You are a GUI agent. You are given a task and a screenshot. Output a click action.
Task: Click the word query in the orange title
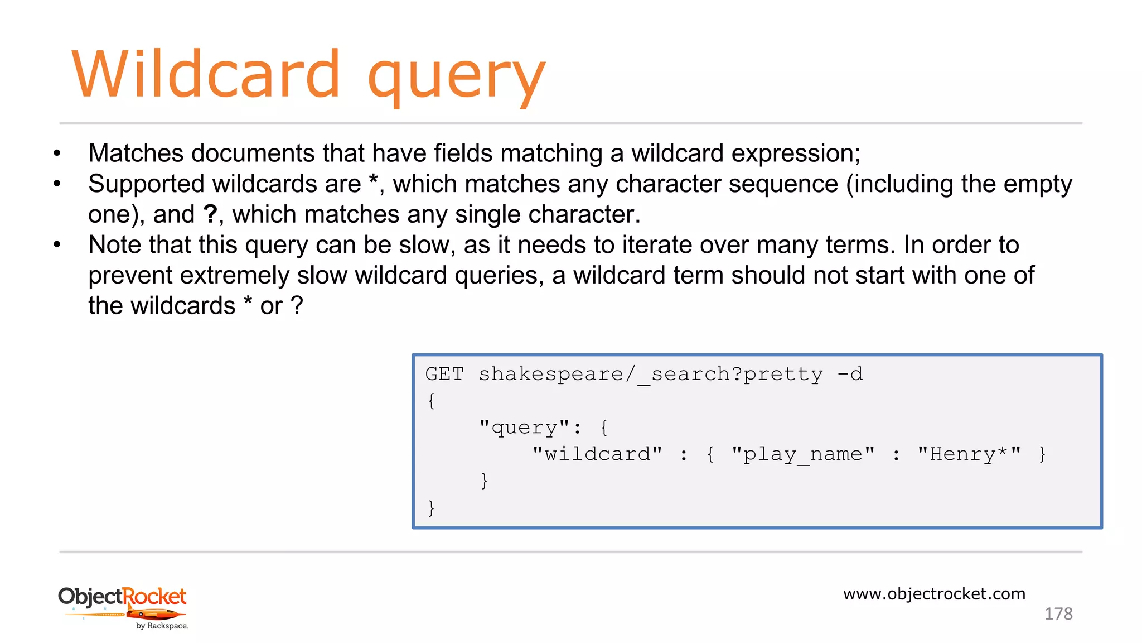point(456,78)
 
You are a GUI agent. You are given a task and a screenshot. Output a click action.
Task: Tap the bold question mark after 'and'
point(210,214)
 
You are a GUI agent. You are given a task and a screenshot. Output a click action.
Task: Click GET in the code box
point(444,374)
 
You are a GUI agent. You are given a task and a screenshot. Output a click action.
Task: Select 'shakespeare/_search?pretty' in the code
point(650,374)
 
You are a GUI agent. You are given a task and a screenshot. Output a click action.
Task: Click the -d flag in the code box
point(850,374)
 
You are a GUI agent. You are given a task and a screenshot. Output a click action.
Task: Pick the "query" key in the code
point(524,428)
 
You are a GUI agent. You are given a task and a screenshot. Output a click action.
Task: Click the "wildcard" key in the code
point(597,454)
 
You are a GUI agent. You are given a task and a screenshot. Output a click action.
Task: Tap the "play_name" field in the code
point(803,454)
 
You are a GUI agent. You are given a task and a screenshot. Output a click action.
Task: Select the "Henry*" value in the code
point(969,454)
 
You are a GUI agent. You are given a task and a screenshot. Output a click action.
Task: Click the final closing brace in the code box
point(431,507)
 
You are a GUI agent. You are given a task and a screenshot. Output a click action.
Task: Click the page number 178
point(1058,614)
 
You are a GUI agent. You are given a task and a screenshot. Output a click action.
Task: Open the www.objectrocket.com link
point(934,594)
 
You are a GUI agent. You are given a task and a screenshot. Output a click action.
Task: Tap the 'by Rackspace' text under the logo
point(162,626)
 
